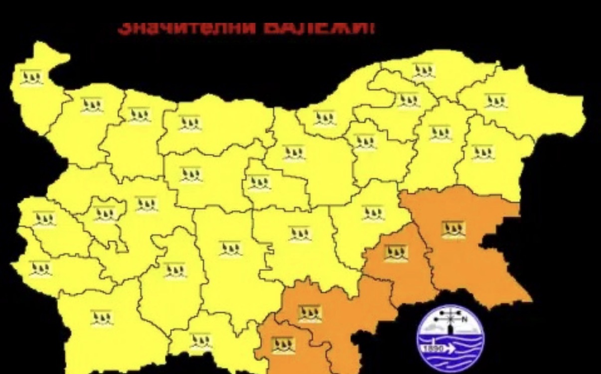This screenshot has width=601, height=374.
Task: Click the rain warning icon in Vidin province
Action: pyautogui.click(x=31, y=78)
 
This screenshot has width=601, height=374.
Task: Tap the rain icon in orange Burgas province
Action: pyautogui.click(x=453, y=230)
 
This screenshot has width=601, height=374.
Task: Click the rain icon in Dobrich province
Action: pyautogui.click(x=496, y=101)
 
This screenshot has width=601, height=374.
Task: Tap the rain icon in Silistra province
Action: pyautogui.click(x=424, y=71)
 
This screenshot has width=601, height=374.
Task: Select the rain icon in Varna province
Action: pyautogui.click(x=482, y=152)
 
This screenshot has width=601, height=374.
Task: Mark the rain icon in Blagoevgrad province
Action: pyautogui.click(x=102, y=318)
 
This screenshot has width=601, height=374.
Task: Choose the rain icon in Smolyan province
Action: pyautogui.click(x=200, y=341)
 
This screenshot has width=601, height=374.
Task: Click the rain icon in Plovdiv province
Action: pyautogui.click(x=231, y=248)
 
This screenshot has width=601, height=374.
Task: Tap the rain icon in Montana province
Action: pyautogui.click(x=92, y=105)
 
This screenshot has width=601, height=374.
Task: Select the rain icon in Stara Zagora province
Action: pyautogui.click(x=300, y=234)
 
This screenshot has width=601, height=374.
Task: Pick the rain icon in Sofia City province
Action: pyautogui.click(x=105, y=215)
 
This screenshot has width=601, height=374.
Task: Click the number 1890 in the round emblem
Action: pyautogui.click(x=432, y=350)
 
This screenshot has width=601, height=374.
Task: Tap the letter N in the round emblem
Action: pyautogui.click(x=465, y=319)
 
